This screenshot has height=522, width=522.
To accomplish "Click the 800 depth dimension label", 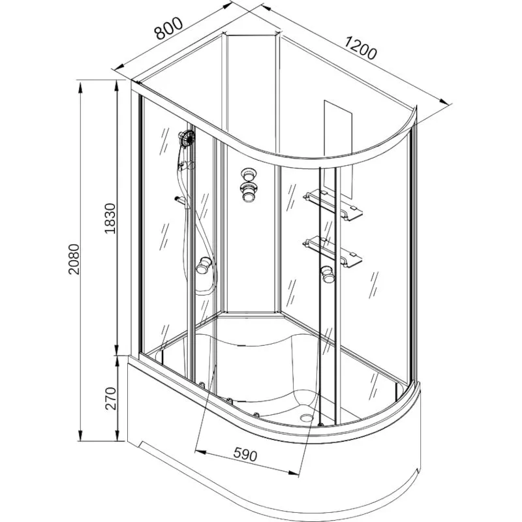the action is [x=168, y=28].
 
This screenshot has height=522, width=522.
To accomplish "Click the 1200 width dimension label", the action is [x=361, y=48].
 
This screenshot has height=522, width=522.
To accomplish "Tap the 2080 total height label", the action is [x=74, y=259].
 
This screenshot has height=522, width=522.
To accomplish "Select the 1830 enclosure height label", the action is [x=110, y=219].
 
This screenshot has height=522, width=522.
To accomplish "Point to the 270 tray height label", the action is [x=110, y=399].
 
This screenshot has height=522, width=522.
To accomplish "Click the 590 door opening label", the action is [x=245, y=454].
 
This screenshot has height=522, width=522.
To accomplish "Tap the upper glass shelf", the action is [x=333, y=204].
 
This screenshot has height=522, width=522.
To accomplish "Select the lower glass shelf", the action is [x=333, y=251].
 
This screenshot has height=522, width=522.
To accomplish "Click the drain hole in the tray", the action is [x=305, y=416].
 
